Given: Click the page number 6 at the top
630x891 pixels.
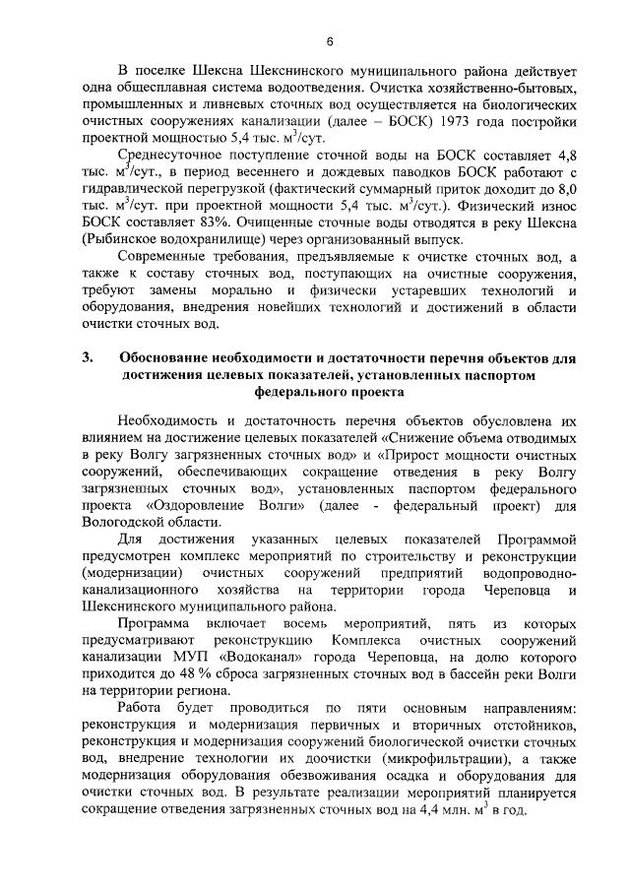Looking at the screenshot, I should tap(330, 40).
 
